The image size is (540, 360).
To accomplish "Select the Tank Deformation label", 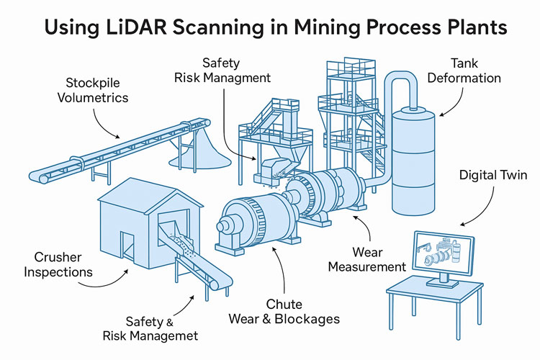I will pos(474,70).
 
